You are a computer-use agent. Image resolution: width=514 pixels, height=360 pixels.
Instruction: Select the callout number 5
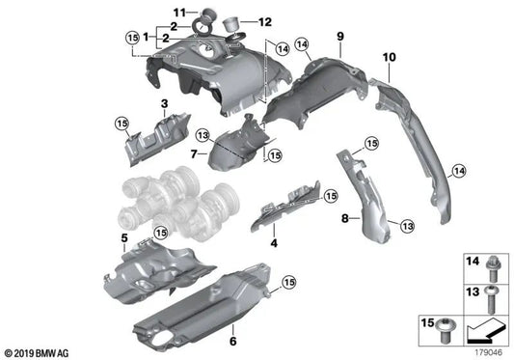[x=123, y=236]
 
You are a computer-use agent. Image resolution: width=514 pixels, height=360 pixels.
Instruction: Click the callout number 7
[x=193, y=153]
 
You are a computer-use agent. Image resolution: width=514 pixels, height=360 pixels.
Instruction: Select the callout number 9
[x=339, y=37]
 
